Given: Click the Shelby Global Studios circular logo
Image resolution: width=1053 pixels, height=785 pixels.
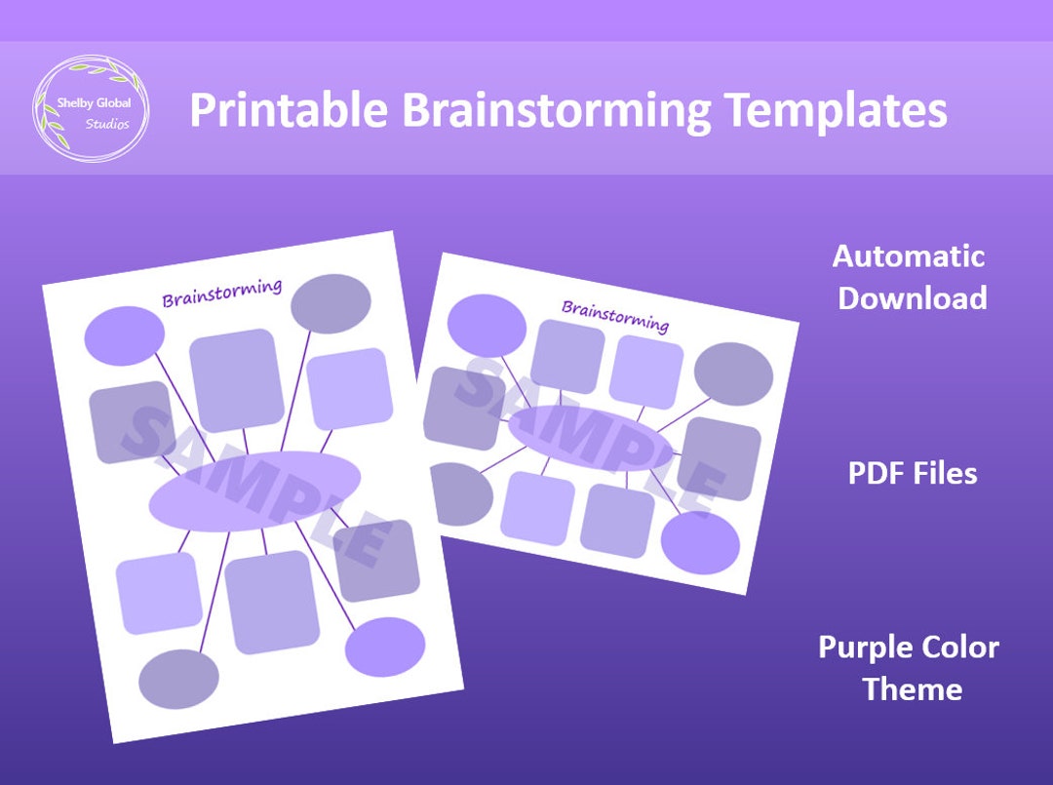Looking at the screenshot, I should tap(91, 108).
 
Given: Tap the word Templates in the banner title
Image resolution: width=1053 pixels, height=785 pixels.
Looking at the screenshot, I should tap(835, 110).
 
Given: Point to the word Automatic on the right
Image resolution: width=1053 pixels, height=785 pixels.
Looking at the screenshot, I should tap(909, 256).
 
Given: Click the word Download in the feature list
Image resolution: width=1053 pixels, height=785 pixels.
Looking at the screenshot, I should tap(912, 298).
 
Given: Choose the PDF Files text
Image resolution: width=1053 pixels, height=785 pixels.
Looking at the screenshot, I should tap(912, 474).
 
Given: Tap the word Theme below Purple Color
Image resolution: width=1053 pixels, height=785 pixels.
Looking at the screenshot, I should tap(912, 689).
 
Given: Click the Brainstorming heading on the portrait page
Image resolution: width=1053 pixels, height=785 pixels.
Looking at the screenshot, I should tap(222, 293).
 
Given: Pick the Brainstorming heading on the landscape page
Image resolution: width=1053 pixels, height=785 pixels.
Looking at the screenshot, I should tap(615, 315).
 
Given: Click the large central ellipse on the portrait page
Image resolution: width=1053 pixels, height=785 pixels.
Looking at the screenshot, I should tap(254, 489).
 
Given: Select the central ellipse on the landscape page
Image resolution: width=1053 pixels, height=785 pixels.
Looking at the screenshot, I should tap(590, 437).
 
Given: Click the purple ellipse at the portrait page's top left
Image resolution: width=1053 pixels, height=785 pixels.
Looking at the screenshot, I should tap(125, 335).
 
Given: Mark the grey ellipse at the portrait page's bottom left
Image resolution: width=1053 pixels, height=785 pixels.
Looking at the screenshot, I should tap(178, 679).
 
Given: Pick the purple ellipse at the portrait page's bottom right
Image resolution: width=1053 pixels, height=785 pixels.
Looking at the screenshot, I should tap(385, 647).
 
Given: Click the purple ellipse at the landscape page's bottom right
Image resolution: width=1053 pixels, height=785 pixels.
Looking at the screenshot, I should tap(700, 543).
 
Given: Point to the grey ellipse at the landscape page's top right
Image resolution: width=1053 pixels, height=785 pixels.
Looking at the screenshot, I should tap(733, 374).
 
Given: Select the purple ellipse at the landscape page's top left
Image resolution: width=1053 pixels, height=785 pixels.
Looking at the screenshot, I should tap(487, 326).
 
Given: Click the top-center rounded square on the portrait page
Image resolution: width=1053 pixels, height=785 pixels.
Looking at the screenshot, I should tap(237, 380).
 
